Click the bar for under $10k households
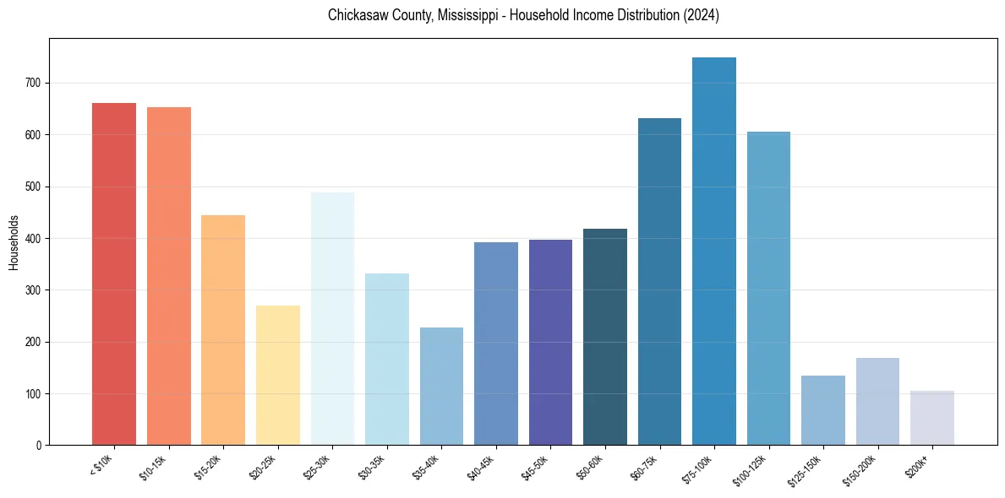113,274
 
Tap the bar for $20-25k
277,376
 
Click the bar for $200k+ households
931,418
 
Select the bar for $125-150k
822,410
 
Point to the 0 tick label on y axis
39,446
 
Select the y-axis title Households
14,241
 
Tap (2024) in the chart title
702,15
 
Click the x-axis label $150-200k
861,469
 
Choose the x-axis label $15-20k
209,467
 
